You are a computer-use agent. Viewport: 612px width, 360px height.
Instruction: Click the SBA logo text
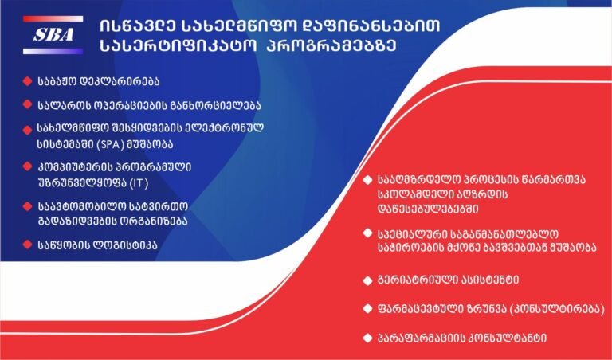click(53, 35)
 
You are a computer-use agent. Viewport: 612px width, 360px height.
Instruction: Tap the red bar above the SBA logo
click(53, 19)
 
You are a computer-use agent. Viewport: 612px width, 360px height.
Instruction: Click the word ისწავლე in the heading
click(138, 25)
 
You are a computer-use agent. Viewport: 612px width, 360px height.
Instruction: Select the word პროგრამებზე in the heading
click(331, 45)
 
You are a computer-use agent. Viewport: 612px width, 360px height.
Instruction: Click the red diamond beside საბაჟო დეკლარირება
click(27, 81)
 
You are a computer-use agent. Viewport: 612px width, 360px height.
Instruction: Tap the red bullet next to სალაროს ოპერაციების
click(27, 104)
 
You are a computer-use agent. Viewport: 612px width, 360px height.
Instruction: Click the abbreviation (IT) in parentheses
click(139, 183)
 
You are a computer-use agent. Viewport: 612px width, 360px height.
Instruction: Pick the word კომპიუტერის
click(76, 168)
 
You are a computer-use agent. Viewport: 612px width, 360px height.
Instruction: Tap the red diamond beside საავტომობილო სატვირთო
click(27, 206)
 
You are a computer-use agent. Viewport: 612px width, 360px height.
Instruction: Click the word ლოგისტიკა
click(126, 245)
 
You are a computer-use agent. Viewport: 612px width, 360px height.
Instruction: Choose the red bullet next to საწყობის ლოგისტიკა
click(27, 245)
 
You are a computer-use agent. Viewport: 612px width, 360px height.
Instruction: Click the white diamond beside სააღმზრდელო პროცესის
click(367, 180)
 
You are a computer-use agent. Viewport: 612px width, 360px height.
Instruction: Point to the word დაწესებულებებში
click(428, 209)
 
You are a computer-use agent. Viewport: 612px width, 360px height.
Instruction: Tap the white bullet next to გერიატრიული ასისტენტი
click(367, 280)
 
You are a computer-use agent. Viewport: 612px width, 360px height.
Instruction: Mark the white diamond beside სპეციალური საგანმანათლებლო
click(367, 233)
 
